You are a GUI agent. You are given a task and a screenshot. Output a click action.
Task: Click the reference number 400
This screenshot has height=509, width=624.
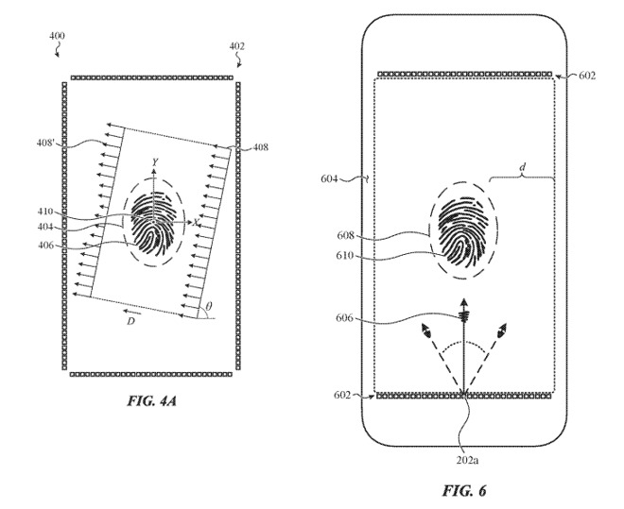58,36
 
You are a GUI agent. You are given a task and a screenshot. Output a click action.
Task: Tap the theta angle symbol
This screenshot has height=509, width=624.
210,308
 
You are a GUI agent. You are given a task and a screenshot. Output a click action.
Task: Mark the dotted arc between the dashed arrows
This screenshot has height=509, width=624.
464,347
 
